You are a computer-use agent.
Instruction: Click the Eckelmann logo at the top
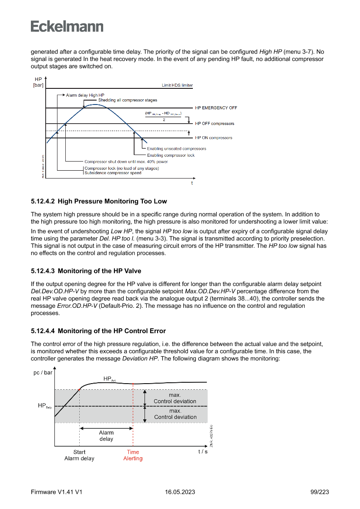tap(67, 26)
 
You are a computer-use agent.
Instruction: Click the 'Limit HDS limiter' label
tap(177, 85)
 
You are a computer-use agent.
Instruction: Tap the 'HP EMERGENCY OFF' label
tap(216, 108)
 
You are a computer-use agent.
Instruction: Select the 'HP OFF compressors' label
tap(215, 124)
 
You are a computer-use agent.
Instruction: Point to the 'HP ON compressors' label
tap(214, 138)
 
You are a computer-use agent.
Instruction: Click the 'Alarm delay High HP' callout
tap(85, 95)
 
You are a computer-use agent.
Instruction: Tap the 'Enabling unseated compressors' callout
tap(176, 148)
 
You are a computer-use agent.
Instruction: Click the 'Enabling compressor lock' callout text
tap(171, 155)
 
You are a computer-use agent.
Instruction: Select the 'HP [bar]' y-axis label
tap(38, 82)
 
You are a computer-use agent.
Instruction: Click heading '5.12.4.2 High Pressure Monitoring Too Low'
tap(99, 201)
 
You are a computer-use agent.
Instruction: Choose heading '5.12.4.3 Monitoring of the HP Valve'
tap(86, 271)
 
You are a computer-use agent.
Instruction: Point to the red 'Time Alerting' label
tap(133, 455)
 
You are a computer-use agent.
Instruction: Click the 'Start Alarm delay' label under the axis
tap(79, 455)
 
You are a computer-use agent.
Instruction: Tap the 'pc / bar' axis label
tap(43, 373)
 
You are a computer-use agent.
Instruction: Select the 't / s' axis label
tap(203, 452)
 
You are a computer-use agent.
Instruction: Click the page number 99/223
tap(320, 492)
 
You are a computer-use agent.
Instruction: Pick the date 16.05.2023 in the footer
tap(180, 492)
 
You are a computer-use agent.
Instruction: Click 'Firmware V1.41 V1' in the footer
tap(57, 492)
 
